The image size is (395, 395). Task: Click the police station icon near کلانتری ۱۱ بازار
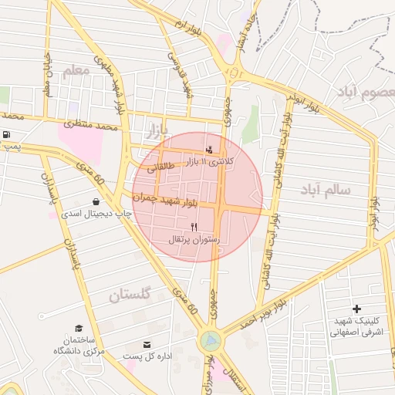[x=208, y=149]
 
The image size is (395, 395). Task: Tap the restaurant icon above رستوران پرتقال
[x=194, y=227]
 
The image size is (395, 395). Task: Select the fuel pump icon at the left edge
[x=7, y=134]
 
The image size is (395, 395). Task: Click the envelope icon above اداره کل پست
[x=147, y=344]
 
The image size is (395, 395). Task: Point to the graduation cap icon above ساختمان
[x=79, y=328]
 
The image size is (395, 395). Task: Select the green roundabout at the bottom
[x=208, y=339]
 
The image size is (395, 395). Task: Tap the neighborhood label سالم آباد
[x=326, y=189]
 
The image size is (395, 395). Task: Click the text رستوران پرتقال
[x=194, y=240]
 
